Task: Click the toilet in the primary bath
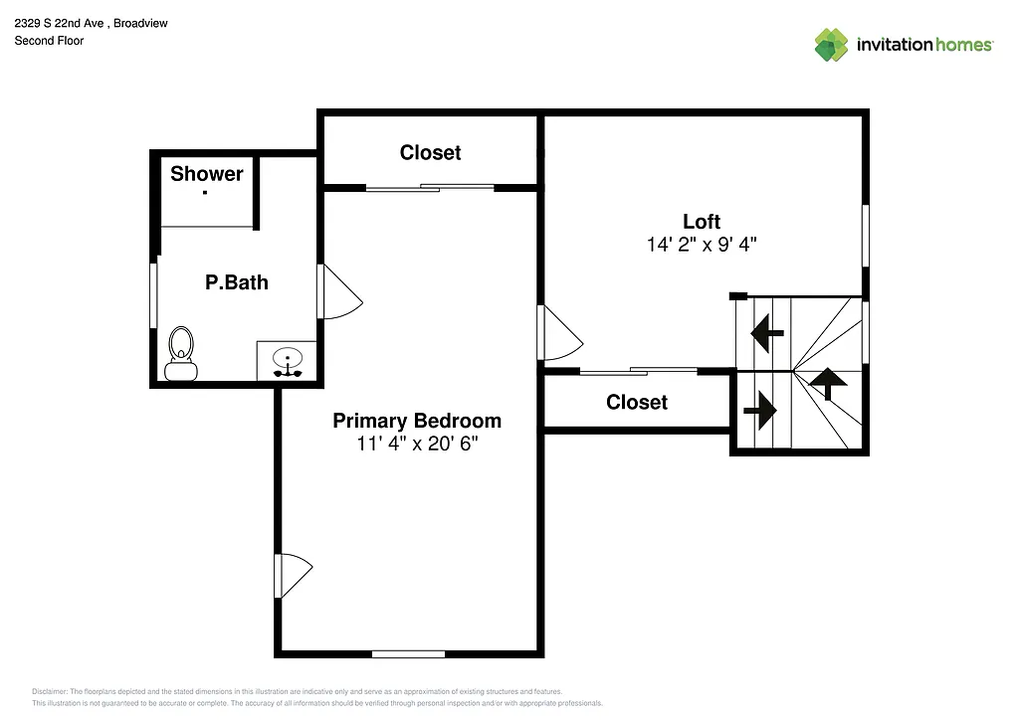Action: coord(181,353)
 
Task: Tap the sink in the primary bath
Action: coord(288,361)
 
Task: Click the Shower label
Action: coord(207,174)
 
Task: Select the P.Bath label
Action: coord(237,282)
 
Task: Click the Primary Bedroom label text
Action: coord(417,421)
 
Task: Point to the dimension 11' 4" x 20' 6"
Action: coord(418,445)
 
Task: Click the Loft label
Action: coord(702,222)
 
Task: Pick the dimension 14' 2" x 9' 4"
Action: coord(702,245)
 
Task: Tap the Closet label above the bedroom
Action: coord(430,152)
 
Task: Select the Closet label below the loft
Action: coord(637,402)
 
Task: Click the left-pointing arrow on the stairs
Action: coord(767,332)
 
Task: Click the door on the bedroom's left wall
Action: coord(293,575)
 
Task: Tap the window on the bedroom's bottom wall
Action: coord(408,653)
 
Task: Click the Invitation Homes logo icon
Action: coord(831,45)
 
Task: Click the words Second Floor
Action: coord(49,41)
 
